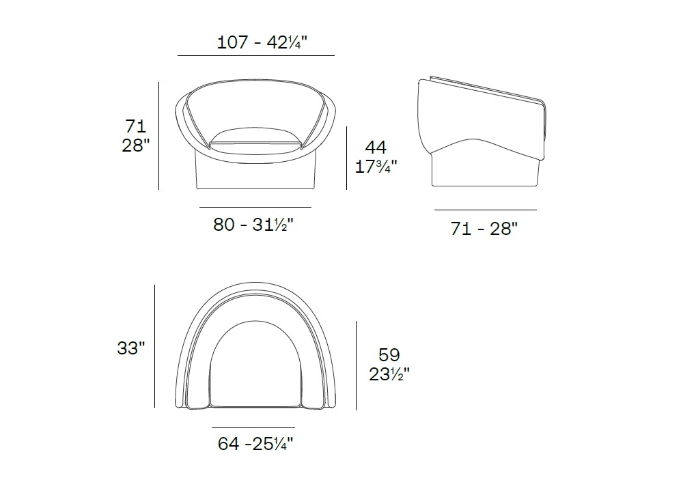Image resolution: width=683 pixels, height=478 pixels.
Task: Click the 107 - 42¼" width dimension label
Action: (262, 42)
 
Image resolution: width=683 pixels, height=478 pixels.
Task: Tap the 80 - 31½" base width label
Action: (253, 225)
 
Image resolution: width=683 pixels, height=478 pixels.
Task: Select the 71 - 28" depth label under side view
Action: (484, 229)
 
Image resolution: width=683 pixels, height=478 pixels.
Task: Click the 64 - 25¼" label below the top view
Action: (255, 444)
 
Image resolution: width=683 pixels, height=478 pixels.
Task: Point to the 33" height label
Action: (130, 348)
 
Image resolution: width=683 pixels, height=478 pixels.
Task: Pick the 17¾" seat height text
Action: (376, 167)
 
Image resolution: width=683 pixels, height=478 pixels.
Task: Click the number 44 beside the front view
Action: (376, 147)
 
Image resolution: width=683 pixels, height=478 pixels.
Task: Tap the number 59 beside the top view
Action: (389, 355)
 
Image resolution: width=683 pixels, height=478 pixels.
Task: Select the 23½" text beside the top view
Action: (389, 374)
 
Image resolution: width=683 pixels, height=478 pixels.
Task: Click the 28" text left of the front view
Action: (135, 145)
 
